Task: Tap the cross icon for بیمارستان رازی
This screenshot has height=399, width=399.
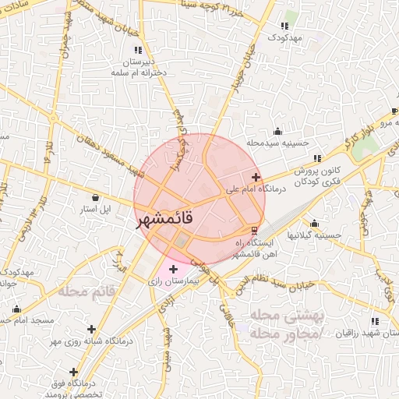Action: pos(173,269)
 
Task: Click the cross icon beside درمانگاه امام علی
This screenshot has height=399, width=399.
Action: pos(256,178)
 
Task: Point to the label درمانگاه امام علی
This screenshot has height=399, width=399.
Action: pos(256,189)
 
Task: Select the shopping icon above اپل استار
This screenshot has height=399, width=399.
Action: pos(95,198)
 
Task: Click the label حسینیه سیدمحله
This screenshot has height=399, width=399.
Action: pos(278,143)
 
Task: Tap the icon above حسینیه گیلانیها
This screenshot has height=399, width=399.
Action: pos(314,223)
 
